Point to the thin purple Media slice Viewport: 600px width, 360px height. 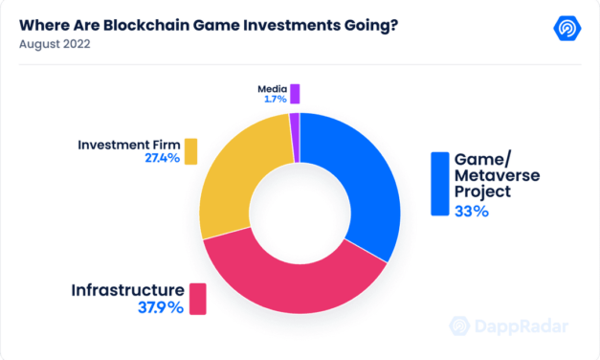295,125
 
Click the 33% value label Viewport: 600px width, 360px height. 472,212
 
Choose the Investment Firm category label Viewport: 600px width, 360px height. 129,145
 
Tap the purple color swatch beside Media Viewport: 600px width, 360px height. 296,93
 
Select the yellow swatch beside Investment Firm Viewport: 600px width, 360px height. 190,151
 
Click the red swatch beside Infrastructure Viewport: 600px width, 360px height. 198,298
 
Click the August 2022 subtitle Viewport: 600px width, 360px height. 56,43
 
